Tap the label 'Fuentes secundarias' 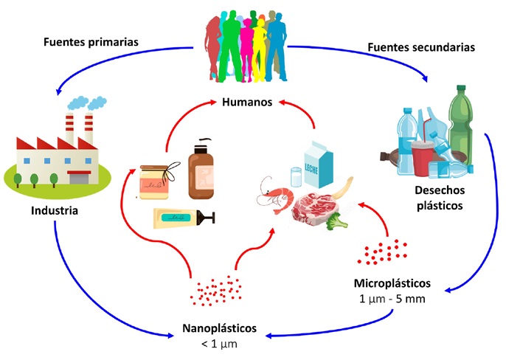[420, 49]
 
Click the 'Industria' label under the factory [55, 210]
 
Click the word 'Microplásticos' [392, 283]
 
